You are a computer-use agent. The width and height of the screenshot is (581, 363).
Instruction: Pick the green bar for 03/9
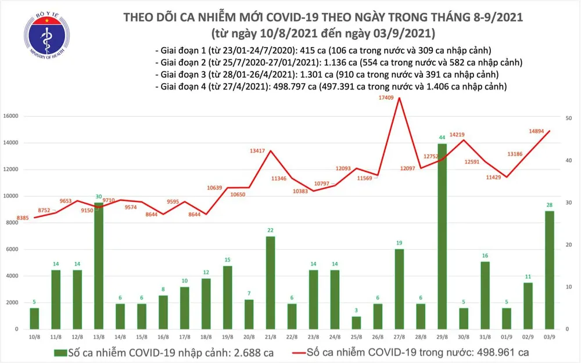click(x=549, y=270)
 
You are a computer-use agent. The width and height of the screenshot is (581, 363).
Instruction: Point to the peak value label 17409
click(x=386, y=98)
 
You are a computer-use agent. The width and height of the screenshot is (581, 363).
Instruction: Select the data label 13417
click(x=257, y=151)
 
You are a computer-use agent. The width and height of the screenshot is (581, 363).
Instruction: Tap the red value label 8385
click(x=23, y=218)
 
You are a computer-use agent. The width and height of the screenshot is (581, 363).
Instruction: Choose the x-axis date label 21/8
click(x=270, y=337)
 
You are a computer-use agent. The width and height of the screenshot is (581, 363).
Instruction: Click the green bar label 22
click(x=270, y=231)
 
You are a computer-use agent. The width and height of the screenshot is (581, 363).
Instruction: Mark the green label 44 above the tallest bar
click(x=443, y=138)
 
